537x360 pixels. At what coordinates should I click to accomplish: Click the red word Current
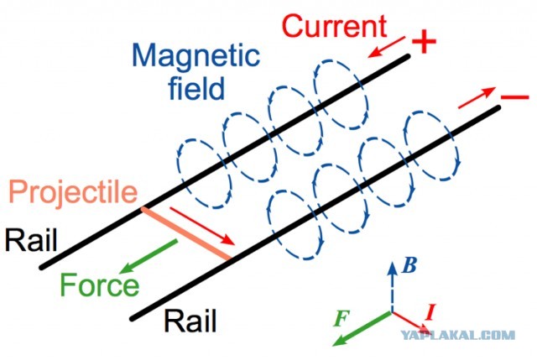[335, 26]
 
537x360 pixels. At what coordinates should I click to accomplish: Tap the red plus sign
[424, 41]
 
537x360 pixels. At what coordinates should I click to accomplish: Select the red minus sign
[514, 97]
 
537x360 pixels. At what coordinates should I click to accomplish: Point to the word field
[196, 88]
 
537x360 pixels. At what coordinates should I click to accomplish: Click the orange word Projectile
[73, 193]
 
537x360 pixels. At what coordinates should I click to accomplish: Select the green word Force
[100, 284]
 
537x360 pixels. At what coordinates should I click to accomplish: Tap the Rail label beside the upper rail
[31, 240]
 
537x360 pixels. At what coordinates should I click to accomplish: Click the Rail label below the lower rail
[190, 321]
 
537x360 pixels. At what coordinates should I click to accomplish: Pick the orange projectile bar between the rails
[186, 233]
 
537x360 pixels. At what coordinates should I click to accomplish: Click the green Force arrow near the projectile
[149, 257]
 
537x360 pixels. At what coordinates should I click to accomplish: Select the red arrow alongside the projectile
[202, 226]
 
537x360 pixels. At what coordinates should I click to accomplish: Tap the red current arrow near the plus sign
[386, 47]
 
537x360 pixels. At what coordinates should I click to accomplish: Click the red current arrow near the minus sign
[477, 97]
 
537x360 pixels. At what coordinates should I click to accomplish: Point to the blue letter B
[409, 265]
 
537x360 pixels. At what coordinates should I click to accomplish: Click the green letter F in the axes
[341, 319]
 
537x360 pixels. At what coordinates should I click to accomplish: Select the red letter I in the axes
[430, 312]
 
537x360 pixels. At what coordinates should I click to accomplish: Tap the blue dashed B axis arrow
[392, 287]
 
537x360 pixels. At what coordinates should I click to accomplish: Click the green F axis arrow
[362, 328]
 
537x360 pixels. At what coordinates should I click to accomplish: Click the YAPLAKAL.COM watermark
[458, 335]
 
